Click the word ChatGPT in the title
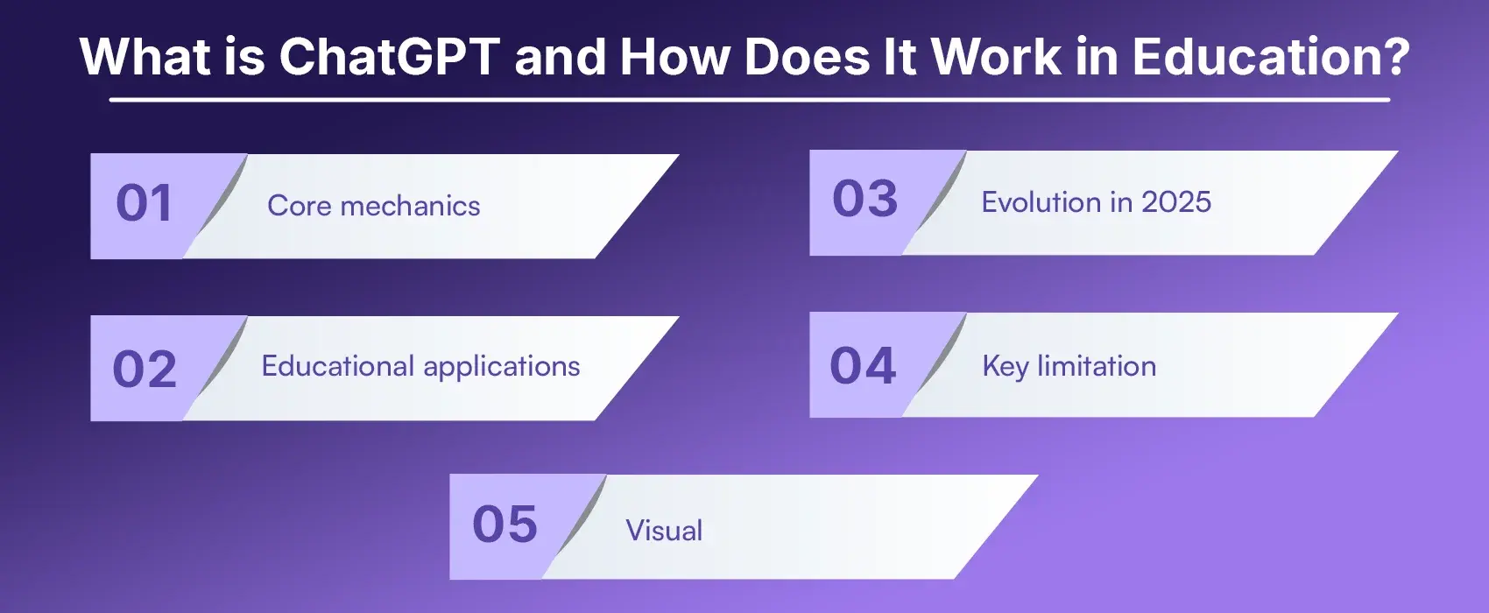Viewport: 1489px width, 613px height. coord(390,57)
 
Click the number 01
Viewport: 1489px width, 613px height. coord(145,203)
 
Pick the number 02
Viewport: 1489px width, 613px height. coord(145,369)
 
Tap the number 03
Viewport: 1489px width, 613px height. coord(864,199)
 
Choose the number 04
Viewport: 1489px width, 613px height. coord(863,365)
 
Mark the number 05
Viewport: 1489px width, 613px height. coord(505,525)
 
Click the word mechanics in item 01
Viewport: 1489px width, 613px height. coord(410,206)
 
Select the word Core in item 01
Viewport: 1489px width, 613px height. coord(299,206)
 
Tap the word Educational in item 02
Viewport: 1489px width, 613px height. coord(337,366)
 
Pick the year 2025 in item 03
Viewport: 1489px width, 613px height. coord(1176,202)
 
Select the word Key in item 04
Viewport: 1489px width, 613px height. coord(1005,366)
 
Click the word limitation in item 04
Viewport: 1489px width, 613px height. coord(1097,366)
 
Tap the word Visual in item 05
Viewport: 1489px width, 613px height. coord(664,531)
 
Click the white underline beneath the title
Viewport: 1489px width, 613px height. coord(749,100)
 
